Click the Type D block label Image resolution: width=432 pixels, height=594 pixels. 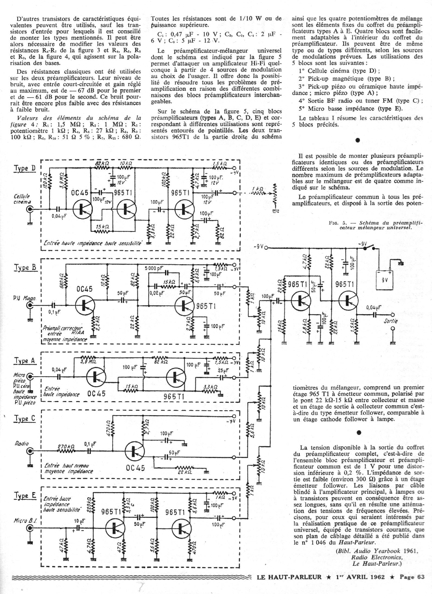click(25, 168)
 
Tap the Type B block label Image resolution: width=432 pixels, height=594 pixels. click(25, 267)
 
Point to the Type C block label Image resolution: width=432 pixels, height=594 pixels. click(25, 418)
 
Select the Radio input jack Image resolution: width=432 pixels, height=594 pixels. click(30, 451)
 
